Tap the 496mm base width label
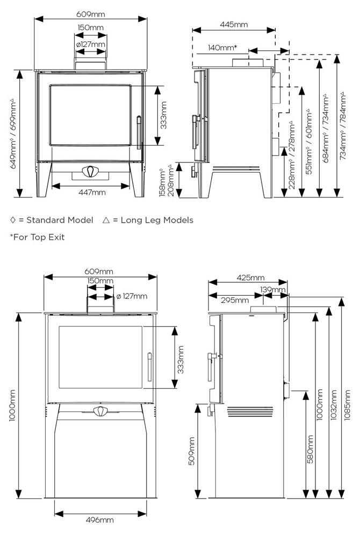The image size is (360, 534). pos(99,520)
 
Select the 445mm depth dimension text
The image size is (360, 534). pos(234,24)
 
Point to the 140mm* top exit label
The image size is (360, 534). pos(222,47)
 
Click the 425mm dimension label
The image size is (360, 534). pos(250,277)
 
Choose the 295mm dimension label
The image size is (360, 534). pos(234,300)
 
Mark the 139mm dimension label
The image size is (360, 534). pos(272,290)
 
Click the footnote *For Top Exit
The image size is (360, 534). pos(37,237)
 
